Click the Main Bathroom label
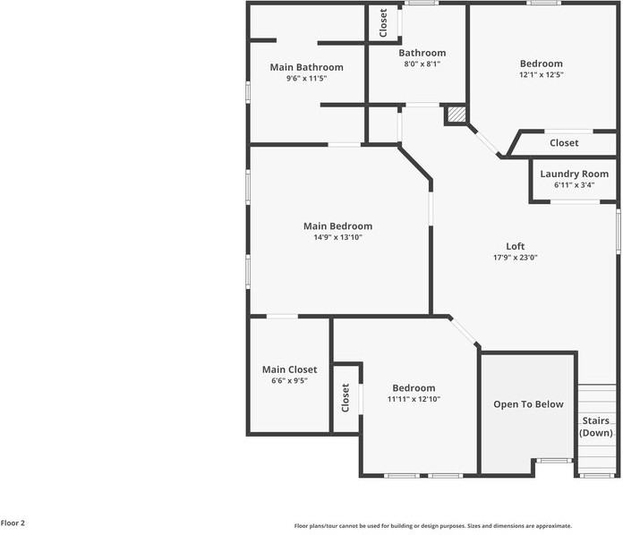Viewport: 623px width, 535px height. click(306, 67)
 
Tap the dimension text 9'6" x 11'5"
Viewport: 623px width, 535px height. click(306, 79)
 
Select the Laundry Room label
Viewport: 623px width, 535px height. click(574, 174)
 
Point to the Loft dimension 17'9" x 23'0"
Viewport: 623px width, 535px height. click(515, 258)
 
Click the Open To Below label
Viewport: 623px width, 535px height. click(528, 404)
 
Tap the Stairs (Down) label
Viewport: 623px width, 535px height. click(596, 427)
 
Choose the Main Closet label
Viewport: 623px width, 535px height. click(289, 369)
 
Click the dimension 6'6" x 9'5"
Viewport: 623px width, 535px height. click(289, 381)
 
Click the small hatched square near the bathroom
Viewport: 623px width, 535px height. click(457, 114)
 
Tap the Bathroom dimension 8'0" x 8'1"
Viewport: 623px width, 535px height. click(422, 64)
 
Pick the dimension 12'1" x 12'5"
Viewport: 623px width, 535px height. click(542, 75)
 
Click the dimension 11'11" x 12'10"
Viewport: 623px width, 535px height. click(414, 400)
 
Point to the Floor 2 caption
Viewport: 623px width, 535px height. click(13, 522)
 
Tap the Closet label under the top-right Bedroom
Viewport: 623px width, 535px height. click(564, 143)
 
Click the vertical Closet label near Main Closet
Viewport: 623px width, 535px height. click(346, 397)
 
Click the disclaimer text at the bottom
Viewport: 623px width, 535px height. click(433, 526)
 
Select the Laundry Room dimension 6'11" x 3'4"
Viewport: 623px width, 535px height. click(574, 185)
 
